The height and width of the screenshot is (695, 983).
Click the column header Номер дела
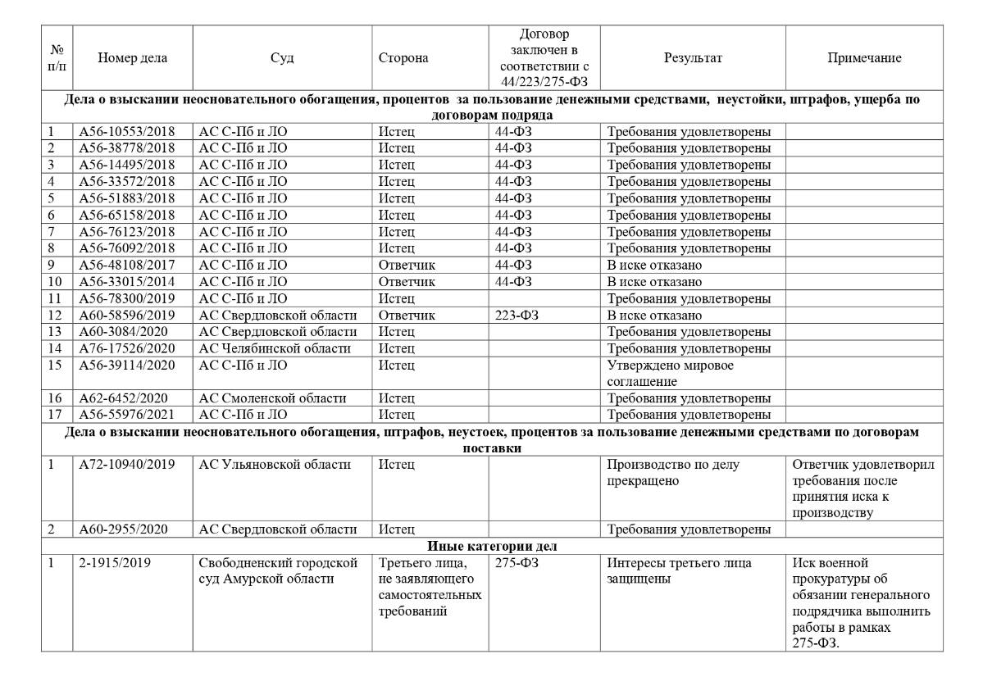pos(132,58)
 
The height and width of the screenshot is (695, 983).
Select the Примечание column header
pos(863,58)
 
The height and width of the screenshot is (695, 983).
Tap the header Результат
pos(693,58)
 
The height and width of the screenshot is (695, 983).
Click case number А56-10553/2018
pos(126,131)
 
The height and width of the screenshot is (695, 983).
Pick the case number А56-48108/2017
pos(126,266)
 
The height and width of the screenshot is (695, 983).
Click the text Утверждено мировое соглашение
pos(670,374)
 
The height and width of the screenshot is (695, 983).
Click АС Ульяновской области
pos(275,466)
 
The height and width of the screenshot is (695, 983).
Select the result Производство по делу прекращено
pos(672,473)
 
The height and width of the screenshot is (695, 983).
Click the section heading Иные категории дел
pos(491,547)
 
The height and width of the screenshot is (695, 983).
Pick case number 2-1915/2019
pos(115,563)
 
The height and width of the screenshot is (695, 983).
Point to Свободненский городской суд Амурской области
pos(279,571)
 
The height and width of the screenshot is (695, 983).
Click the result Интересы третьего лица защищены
pos(680,571)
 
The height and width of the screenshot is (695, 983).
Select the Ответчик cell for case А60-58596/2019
pos(407,316)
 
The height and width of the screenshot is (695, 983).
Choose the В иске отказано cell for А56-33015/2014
pos(654,282)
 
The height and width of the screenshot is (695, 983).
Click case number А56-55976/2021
pos(126,415)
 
